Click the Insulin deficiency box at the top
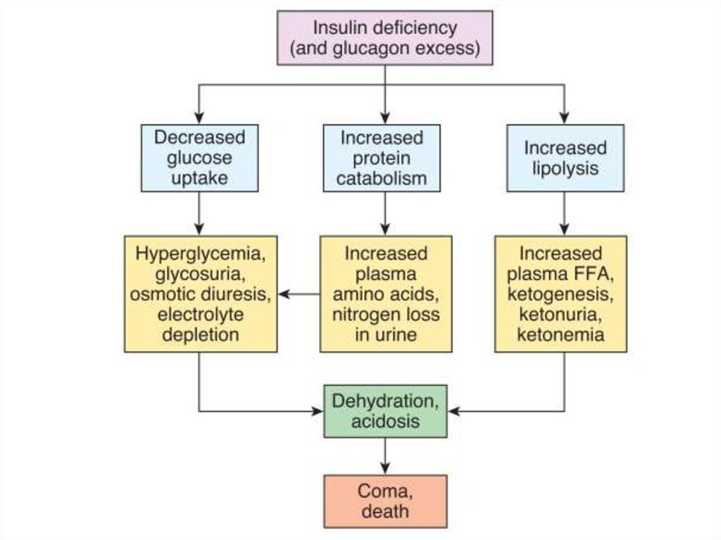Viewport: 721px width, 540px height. click(x=384, y=38)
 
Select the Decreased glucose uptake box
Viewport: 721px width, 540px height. click(x=199, y=158)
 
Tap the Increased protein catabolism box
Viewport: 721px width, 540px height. click(x=382, y=158)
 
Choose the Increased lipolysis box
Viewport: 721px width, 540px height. click(x=565, y=158)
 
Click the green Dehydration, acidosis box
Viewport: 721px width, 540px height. click(x=385, y=410)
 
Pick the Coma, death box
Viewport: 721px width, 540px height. click(x=385, y=501)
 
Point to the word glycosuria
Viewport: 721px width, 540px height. click(x=201, y=273)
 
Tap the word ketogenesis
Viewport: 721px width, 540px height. click(x=560, y=294)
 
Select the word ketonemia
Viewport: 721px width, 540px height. click(x=560, y=334)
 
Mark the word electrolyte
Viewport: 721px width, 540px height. click(x=201, y=314)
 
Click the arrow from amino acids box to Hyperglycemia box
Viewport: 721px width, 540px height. click(x=299, y=294)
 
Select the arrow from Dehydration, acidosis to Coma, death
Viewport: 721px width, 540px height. click(x=385, y=456)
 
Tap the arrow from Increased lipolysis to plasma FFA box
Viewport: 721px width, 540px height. click(x=565, y=213)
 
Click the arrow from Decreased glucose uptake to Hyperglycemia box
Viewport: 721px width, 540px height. click(x=199, y=213)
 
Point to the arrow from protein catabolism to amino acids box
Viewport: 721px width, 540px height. click(x=385, y=213)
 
